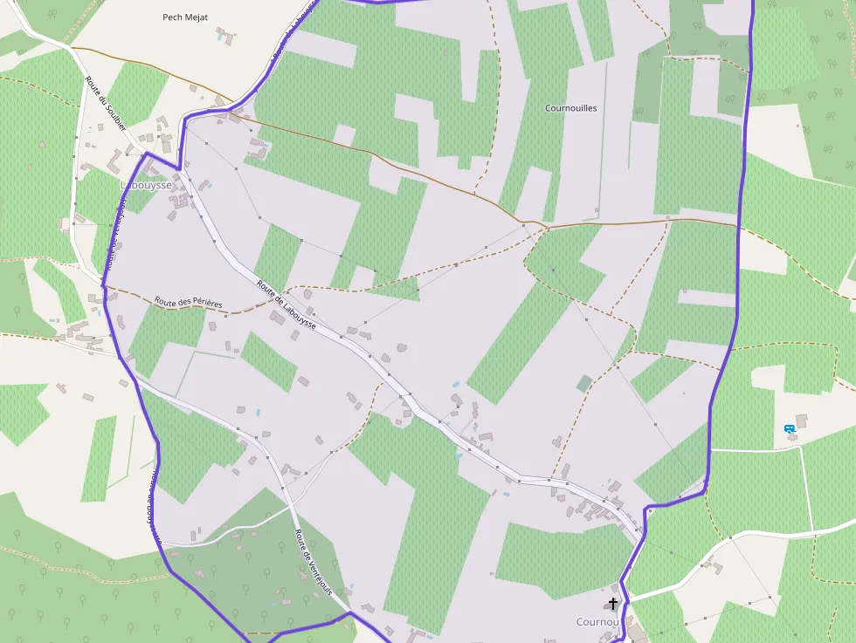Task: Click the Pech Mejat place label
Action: coord(185,17)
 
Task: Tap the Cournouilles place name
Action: coord(570,108)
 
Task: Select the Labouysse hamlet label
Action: coord(145,185)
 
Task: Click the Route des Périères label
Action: coord(189,303)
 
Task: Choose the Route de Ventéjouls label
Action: coord(314,562)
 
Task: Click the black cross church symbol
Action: coord(613,604)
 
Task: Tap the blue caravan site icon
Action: coord(790,428)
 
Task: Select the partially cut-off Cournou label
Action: coord(597,622)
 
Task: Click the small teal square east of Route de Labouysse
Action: coord(583,383)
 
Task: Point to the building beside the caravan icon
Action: coord(801,421)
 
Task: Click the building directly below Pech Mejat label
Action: coord(226,36)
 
